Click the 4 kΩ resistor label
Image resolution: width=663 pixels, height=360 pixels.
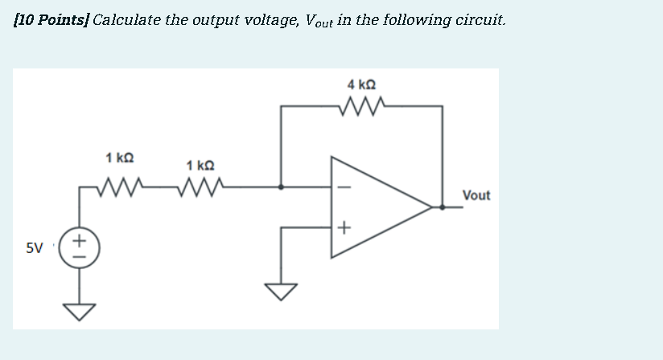pyautogui.click(x=361, y=84)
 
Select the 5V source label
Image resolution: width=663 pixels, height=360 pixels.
pyautogui.click(x=34, y=249)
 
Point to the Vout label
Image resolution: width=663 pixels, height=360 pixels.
pyautogui.click(x=476, y=196)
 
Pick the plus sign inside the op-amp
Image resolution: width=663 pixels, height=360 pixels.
pyautogui.click(x=344, y=229)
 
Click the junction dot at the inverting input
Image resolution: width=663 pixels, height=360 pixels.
pyautogui.click(x=281, y=187)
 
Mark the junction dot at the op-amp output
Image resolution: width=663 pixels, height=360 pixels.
pyautogui.click(x=442, y=207)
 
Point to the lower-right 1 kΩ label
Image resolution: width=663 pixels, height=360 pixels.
pyautogui.click(x=200, y=166)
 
